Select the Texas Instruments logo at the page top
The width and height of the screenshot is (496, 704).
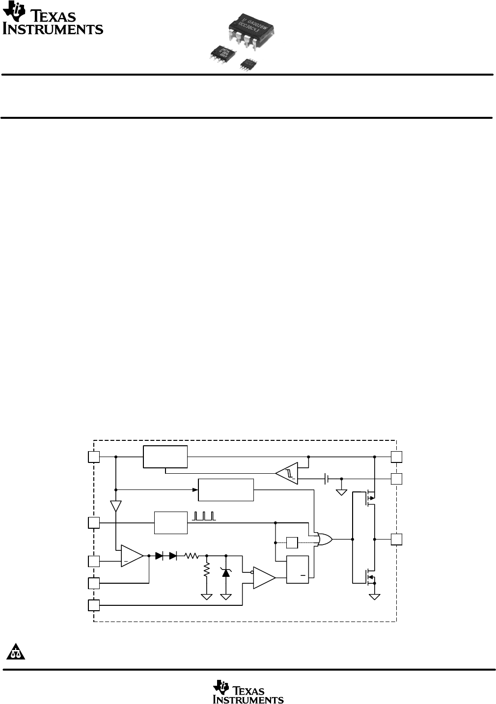point(53,21)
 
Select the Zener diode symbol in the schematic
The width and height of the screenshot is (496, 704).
point(226,571)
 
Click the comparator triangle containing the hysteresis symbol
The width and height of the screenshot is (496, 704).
point(288,473)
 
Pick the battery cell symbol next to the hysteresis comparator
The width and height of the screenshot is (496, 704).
point(326,479)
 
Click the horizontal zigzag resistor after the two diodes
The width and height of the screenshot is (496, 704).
point(191,556)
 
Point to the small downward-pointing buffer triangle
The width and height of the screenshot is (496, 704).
point(115,506)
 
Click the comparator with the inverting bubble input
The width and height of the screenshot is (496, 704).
point(264,577)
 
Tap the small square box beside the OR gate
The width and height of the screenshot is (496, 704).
point(292,543)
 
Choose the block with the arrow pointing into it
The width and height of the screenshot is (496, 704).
point(226,489)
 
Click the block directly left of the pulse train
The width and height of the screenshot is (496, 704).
point(170,523)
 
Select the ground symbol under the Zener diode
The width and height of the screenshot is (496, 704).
point(226,596)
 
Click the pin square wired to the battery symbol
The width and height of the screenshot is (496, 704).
point(396,479)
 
